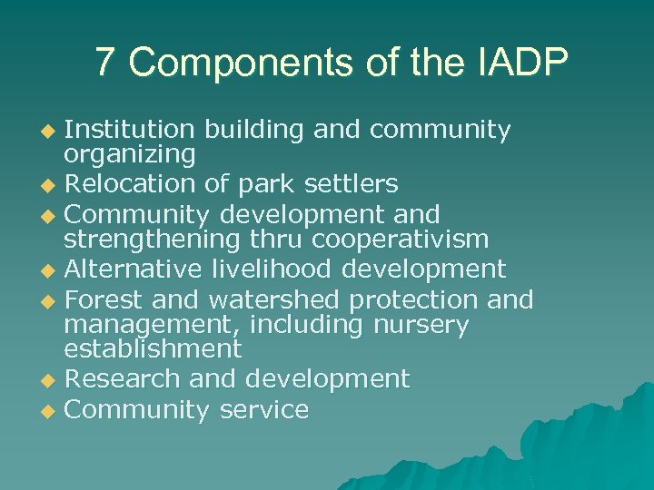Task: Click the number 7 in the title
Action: click(x=106, y=63)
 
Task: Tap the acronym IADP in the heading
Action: click(x=520, y=63)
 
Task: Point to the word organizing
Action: click(x=130, y=155)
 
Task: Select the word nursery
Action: click(x=421, y=324)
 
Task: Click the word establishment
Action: click(x=153, y=348)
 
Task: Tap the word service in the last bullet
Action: click(x=263, y=409)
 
